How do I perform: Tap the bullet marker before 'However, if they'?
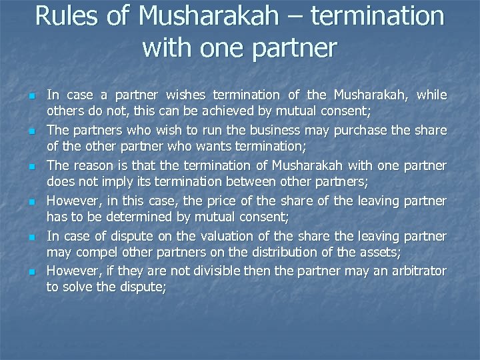pos(31,272)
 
